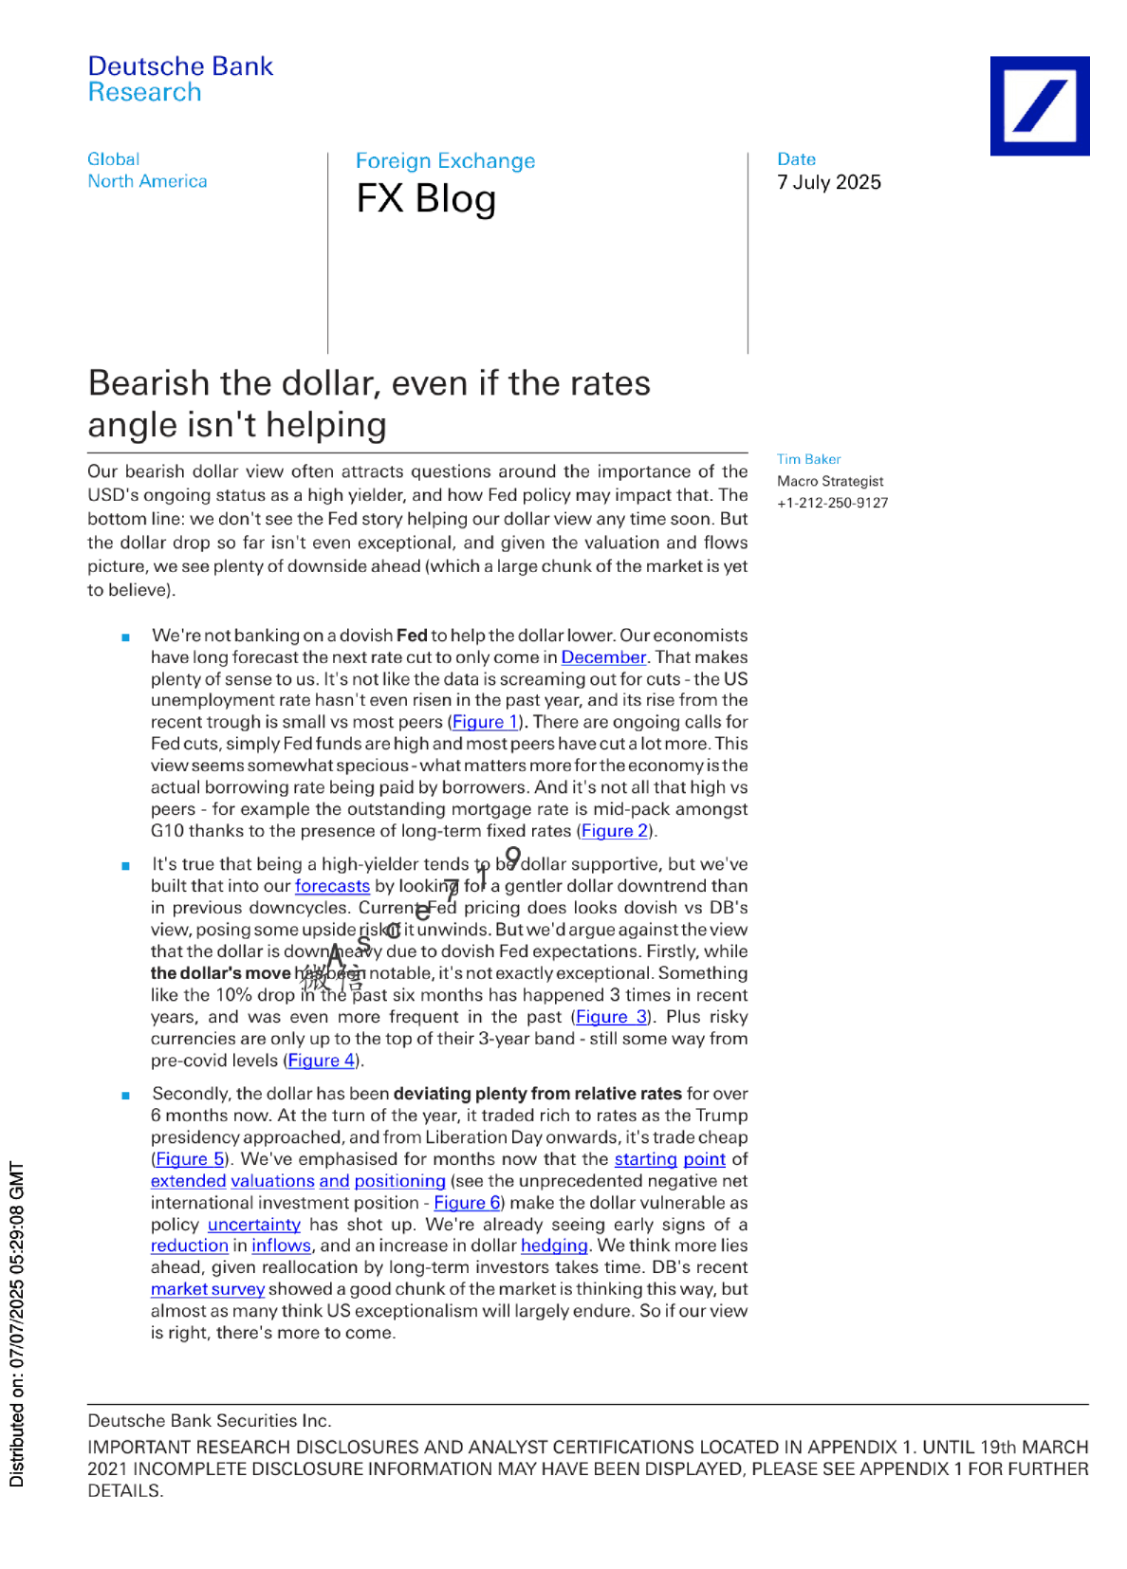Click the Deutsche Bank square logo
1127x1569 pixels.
(x=1039, y=105)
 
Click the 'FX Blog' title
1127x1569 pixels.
(x=426, y=199)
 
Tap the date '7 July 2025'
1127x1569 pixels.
(x=828, y=182)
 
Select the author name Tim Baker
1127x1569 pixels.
(x=808, y=459)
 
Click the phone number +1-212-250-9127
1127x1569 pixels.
(x=832, y=503)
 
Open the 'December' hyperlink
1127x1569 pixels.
(x=603, y=657)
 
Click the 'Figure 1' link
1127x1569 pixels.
(x=485, y=722)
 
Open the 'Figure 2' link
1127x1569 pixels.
(x=614, y=831)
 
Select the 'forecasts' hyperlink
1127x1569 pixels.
(x=332, y=886)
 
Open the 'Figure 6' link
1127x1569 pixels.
(x=467, y=1203)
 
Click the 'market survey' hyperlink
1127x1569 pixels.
(x=207, y=1289)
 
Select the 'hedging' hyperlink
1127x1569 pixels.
(x=554, y=1246)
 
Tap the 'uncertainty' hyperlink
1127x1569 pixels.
(x=253, y=1225)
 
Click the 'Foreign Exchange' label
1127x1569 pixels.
(x=445, y=161)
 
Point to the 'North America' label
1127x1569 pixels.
(x=147, y=181)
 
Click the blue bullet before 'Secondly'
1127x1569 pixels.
(x=125, y=1096)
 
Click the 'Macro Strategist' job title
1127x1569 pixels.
(x=830, y=481)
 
